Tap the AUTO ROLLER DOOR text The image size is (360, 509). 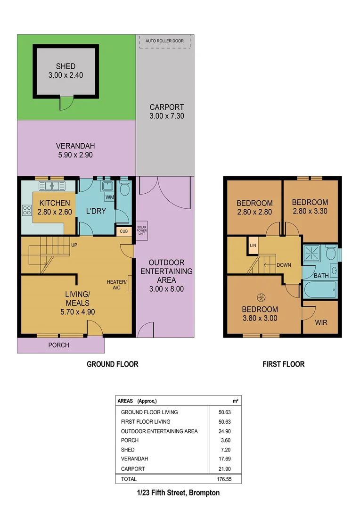click(x=164, y=41)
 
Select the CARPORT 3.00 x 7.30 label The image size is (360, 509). click(x=167, y=111)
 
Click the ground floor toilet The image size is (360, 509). click(x=124, y=189)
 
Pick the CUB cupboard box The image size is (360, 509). click(x=123, y=231)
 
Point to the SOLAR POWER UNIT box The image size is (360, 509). click(x=142, y=231)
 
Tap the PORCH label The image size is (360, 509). click(x=58, y=345)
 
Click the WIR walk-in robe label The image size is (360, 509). click(x=321, y=322)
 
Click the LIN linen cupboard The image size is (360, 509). click(x=253, y=246)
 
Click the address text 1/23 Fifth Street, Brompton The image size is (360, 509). click(x=179, y=493)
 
